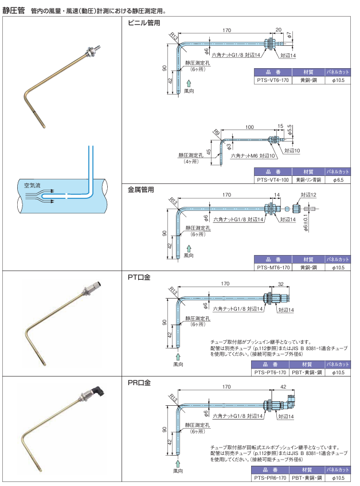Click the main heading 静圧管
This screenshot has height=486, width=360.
click(x=14, y=10)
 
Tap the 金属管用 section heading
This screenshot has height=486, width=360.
click(x=141, y=189)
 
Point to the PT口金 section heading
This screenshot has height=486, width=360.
click(x=139, y=277)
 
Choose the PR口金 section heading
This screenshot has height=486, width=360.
click(x=139, y=382)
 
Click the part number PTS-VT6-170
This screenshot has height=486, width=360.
click(x=272, y=81)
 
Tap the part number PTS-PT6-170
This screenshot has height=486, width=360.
click(x=269, y=372)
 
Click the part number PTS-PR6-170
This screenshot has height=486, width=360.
click(x=270, y=477)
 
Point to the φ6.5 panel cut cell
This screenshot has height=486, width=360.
click(x=338, y=179)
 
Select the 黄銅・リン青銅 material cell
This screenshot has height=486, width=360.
click(x=308, y=179)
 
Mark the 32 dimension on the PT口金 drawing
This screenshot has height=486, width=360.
click(x=280, y=284)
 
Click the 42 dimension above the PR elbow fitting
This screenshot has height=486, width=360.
click(x=283, y=387)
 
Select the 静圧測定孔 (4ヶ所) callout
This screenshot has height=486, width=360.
click(x=190, y=158)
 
